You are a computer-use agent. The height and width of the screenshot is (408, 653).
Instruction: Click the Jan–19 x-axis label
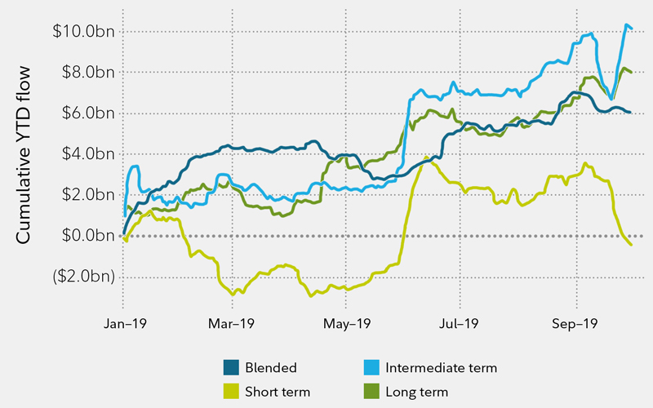tap(124, 323)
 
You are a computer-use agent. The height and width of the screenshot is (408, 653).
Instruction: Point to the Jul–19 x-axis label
tap(460, 323)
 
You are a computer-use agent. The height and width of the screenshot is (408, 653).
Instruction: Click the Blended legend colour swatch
tap(231, 367)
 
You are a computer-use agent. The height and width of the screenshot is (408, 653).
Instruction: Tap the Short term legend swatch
tap(231, 390)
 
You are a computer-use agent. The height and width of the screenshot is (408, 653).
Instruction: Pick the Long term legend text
tap(420, 390)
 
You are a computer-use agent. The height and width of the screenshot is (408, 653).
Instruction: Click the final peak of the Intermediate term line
tap(626, 25)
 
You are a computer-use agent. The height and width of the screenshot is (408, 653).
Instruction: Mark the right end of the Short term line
tap(631, 245)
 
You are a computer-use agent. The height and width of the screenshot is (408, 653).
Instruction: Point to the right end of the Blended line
tap(630, 112)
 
